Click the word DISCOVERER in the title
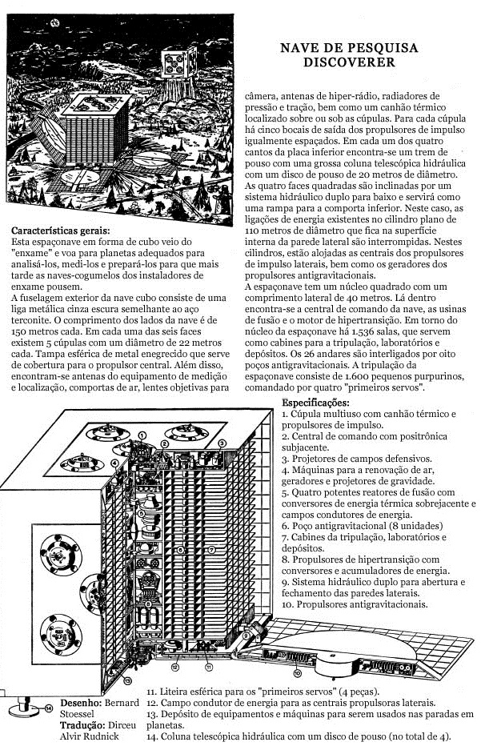(x=349, y=62)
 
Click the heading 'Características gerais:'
(x=62, y=230)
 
